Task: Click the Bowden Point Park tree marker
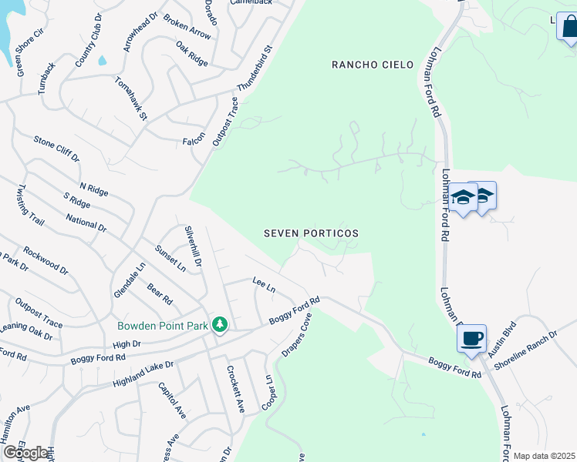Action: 220,324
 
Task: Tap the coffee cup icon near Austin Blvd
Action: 471,338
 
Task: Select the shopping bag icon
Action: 569,28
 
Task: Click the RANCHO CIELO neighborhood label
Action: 368,65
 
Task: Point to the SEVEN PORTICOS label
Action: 312,233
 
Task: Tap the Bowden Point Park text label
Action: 163,326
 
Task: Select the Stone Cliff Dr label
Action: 56,149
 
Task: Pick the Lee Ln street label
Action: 264,285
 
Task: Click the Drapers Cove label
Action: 295,335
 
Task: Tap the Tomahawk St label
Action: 130,98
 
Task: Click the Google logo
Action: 25,453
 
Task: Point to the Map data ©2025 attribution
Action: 544,456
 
